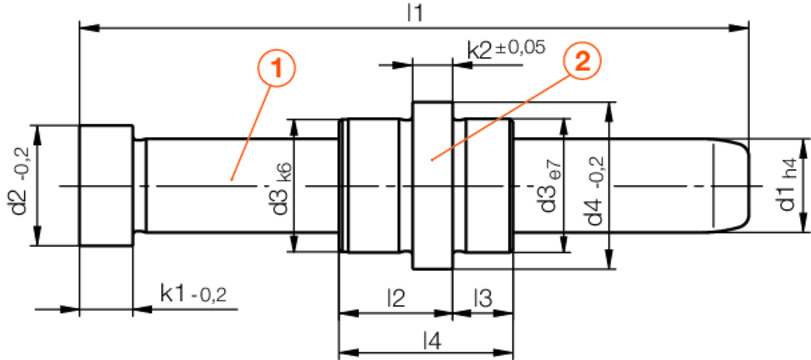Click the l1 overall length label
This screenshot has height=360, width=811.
pyautogui.click(x=415, y=13)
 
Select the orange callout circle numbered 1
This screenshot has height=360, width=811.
pyautogui.click(x=277, y=69)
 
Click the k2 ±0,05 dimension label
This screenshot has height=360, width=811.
pyautogui.click(x=506, y=48)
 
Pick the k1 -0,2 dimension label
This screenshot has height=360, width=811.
pyautogui.click(x=193, y=293)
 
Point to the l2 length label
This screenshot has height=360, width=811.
pyautogui.click(x=395, y=297)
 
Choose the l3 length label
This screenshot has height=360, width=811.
pyautogui.click(x=483, y=297)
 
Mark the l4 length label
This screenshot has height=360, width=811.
pyautogui.click(x=431, y=340)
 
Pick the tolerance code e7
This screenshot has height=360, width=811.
pyautogui.click(x=550, y=166)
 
